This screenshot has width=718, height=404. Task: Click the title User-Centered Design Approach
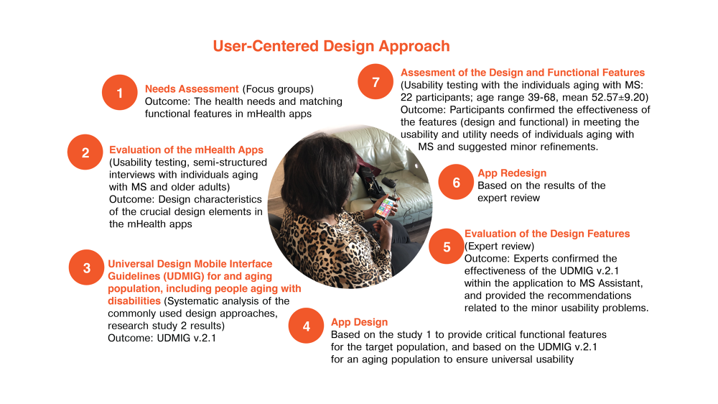(331, 47)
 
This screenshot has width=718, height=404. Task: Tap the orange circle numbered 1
(119, 93)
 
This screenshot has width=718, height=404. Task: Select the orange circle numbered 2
(85, 152)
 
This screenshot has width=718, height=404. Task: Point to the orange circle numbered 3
(86, 268)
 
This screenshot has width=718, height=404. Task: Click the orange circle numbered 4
(307, 326)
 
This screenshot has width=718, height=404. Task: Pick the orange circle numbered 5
(447, 247)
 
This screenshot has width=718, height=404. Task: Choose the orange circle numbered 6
(456, 183)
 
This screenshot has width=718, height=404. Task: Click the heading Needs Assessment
(192, 89)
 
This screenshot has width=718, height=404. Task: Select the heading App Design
(359, 322)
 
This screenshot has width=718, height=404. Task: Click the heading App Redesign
(512, 173)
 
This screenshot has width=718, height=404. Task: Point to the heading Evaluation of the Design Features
(547, 234)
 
